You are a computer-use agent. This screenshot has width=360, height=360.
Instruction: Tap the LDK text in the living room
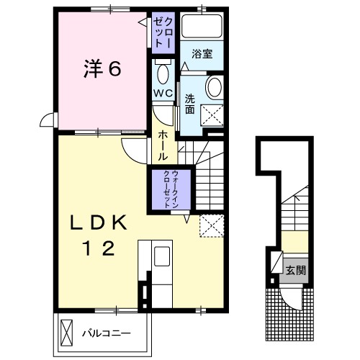(x=99, y=222)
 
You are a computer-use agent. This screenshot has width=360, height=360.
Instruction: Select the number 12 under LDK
(x=99, y=248)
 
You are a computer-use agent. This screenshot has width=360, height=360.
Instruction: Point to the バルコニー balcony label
(x=107, y=333)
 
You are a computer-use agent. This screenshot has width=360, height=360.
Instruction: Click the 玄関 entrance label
(x=295, y=270)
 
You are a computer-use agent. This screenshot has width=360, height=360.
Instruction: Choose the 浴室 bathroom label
(x=202, y=54)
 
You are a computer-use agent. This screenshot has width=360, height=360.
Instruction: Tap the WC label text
(x=163, y=93)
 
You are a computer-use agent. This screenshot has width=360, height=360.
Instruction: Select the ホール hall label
(x=163, y=145)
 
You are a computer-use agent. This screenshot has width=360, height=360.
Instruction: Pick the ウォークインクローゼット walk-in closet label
(x=171, y=189)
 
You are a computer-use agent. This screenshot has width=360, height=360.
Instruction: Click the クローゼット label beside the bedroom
(x=163, y=33)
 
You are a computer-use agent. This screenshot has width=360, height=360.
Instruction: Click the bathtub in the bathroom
(x=202, y=26)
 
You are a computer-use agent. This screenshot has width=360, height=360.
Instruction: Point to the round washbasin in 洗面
(x=215, y=87)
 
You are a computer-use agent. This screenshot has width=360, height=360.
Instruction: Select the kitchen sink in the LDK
(x=162, y=256)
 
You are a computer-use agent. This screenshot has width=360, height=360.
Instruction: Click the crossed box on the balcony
(x=66, y=333)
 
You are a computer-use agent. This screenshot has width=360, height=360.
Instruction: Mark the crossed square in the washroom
(x=212, y=115)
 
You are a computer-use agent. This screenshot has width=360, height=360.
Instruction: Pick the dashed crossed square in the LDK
(x=212, y=226)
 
